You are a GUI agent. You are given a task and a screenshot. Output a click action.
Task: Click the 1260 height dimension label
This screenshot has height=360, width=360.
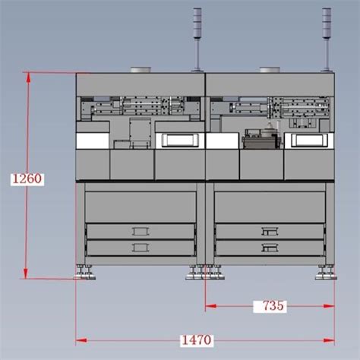[27, 178]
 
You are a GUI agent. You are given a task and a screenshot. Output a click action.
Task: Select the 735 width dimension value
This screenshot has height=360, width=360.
[273, 306]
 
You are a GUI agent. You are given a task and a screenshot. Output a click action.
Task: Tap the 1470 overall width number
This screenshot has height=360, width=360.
[197, 340]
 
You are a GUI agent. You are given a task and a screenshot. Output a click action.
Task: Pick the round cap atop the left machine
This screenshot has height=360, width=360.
[141, 70]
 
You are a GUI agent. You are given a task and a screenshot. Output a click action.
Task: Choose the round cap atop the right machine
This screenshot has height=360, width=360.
[270, 70]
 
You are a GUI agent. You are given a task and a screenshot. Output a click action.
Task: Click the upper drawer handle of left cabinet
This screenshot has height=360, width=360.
[141, 232]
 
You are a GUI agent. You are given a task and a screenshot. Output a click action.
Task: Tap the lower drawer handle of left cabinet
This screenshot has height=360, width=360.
[141, 248]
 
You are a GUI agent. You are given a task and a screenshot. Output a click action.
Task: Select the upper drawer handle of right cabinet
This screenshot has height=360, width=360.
[270, 232]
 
